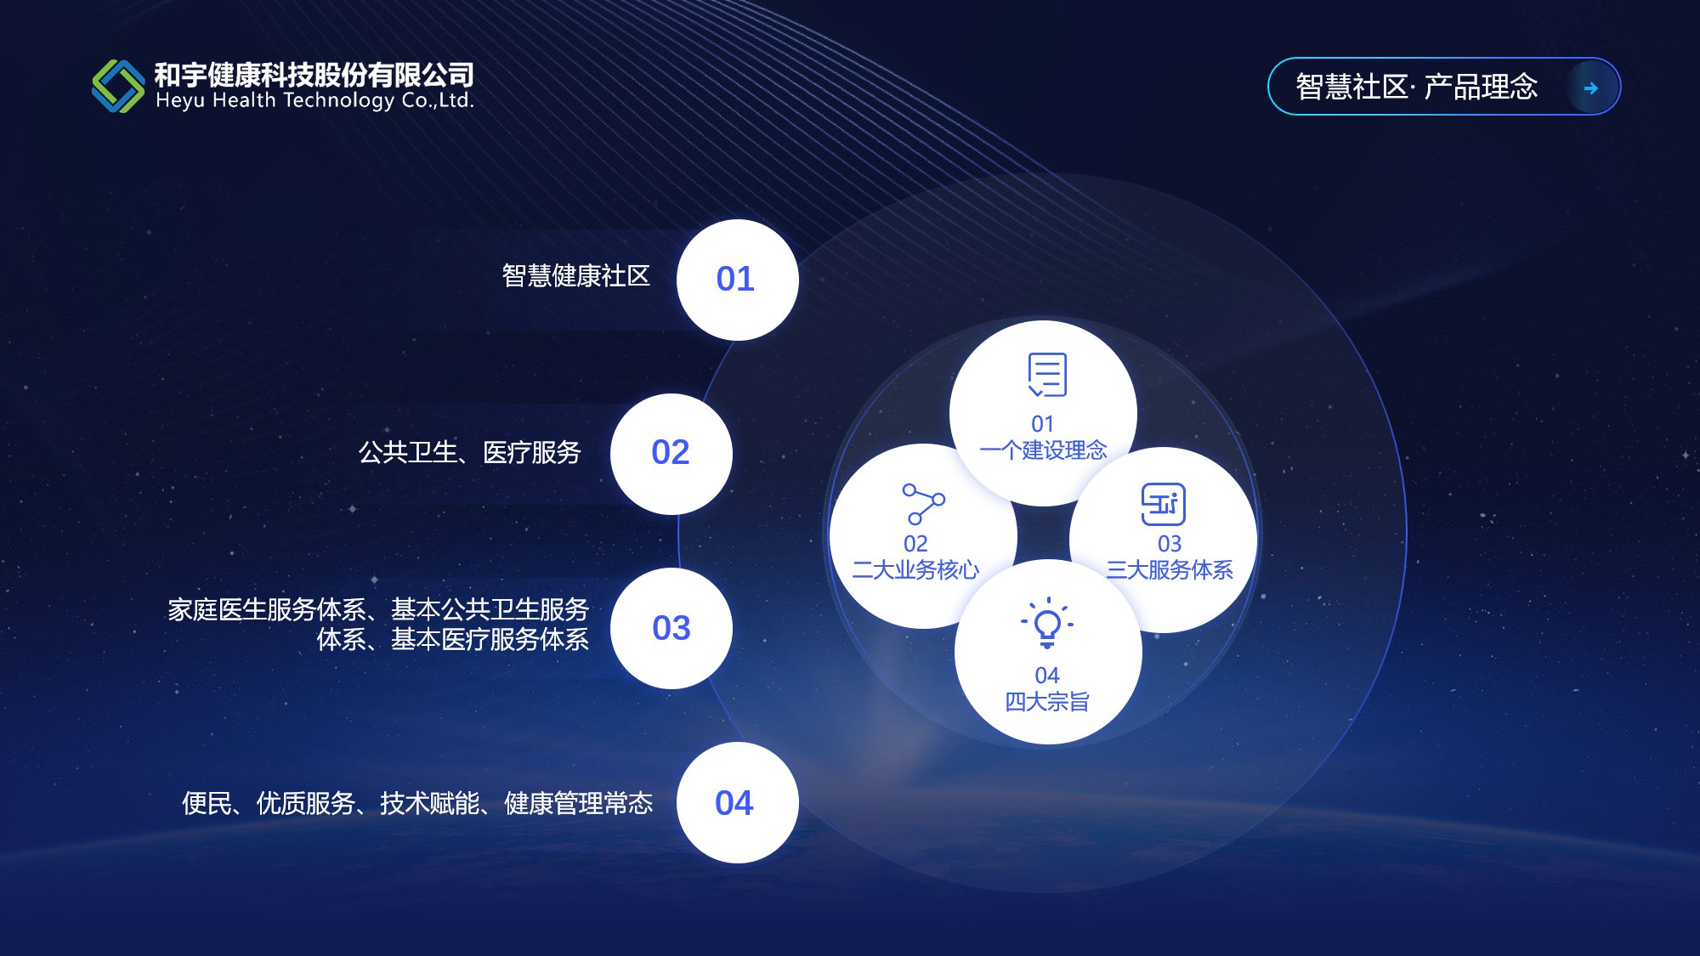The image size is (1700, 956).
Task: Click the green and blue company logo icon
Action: tap(118, 86)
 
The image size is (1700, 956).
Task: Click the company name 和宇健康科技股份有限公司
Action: tap(314, 74)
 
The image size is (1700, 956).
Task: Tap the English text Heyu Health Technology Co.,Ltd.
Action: tap(314, 100)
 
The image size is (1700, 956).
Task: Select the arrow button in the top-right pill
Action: tap(1591, 88)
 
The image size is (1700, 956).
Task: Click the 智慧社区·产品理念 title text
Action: tap(1417, 87)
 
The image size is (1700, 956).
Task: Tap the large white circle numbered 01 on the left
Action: tap(737, 280)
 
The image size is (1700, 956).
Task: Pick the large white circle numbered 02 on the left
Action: tap(671, 454)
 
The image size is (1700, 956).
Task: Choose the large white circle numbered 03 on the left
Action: tap(671, 628)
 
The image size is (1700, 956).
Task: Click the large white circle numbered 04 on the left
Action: tap(737, 802)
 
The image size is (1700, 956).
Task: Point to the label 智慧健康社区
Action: tap(576, 275)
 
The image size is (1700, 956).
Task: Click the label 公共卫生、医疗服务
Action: tap(469, 452)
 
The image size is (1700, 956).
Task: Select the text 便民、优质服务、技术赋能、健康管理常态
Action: tap(417, 803)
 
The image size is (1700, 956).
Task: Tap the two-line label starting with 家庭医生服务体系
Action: tap(378, 624)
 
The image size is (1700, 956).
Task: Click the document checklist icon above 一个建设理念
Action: tap(1047, 375)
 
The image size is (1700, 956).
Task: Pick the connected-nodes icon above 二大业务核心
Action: tap(923, 504)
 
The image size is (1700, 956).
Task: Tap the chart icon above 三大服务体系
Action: tap(1163, 504)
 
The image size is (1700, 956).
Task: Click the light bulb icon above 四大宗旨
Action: tap(1047, 623)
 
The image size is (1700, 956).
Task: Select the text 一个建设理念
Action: tap(1043, 450)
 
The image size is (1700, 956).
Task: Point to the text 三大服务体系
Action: tap(1170, 569)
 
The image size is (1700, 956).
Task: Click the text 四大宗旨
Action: tap(1047, 701)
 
